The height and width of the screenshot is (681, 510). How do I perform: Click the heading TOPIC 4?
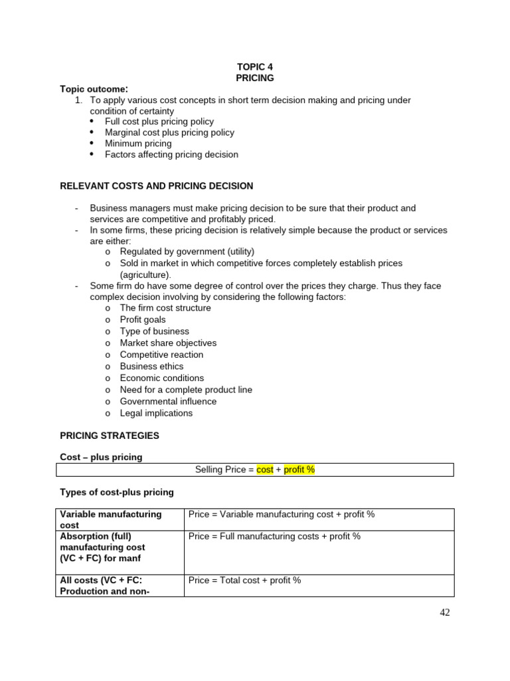click(255, 67)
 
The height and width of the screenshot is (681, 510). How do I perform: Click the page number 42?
click(444, 613)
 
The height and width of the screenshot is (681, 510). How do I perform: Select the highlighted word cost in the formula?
click(265, 470)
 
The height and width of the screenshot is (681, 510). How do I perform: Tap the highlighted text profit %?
click(299, 470)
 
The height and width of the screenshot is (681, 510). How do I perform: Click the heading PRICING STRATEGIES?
click(110, 436)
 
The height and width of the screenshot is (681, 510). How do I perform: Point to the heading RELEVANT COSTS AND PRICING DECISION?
click(157, 186)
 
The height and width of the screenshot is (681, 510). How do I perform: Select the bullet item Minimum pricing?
click(138, 144)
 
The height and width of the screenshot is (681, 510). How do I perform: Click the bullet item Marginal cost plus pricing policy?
click(169, 132)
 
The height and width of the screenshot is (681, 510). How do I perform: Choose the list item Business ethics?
click(151, 366)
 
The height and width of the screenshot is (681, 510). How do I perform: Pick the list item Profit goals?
click(143, 320)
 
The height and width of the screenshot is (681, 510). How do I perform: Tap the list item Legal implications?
click(156, 413)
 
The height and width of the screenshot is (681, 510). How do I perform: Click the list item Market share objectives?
click(168, 343)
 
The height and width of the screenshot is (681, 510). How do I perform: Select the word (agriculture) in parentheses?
click(145, 275)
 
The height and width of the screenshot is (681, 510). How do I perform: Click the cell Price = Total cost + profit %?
click(244, 580)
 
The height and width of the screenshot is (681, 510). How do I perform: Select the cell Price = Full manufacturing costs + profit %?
click(274, 536)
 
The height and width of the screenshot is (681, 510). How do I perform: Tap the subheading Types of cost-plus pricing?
click(117, 492)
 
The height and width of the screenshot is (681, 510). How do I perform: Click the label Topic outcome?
click(93, 89)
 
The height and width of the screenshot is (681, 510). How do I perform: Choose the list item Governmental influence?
click(168, 401)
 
